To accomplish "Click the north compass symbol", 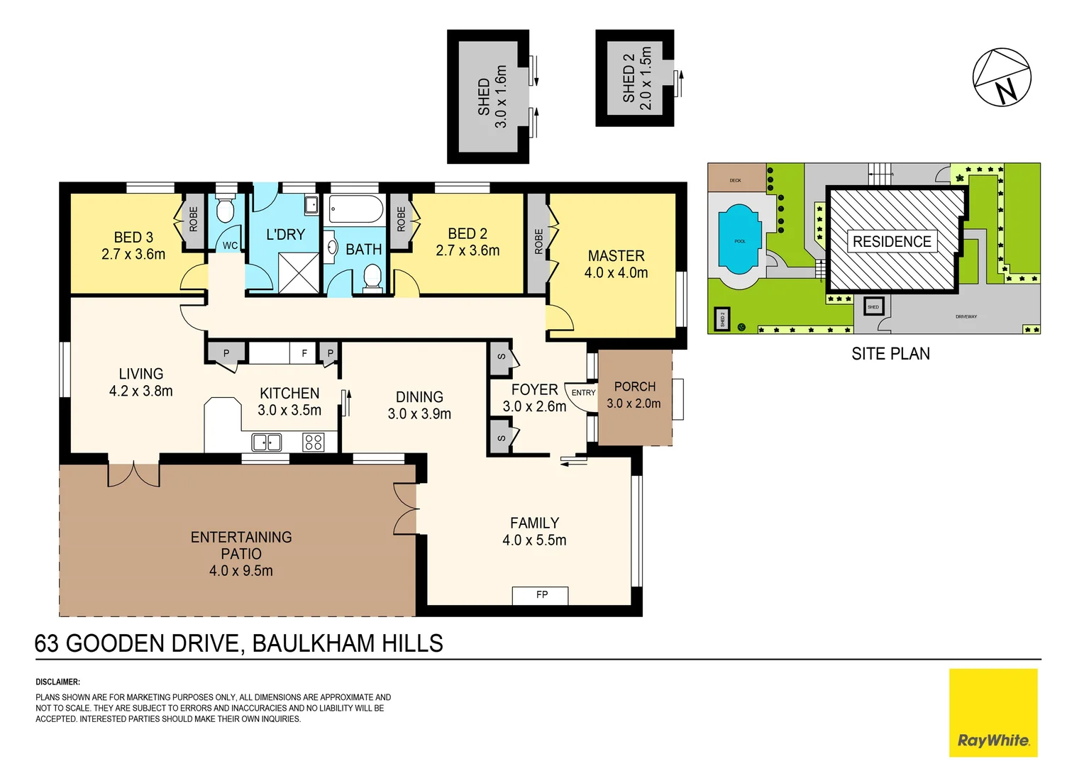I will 1001,77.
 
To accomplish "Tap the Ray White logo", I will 993,714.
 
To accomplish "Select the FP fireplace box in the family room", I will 541,595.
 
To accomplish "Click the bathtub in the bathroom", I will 356,210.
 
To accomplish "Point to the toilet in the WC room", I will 225,211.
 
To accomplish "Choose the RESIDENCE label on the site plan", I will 892,242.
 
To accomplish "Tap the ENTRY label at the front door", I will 583,393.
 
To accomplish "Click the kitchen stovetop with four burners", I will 313,443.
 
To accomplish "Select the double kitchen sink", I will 267,443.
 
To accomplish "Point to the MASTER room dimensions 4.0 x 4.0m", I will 616,273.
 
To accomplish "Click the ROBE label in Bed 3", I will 194,220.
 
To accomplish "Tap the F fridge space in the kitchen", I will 304,353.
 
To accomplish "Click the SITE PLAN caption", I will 890,354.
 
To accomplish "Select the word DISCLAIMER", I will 57,682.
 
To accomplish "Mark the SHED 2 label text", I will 629,84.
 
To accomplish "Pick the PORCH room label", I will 634,387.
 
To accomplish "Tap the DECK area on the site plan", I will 736,179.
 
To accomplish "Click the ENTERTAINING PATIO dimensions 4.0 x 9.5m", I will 240,571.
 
